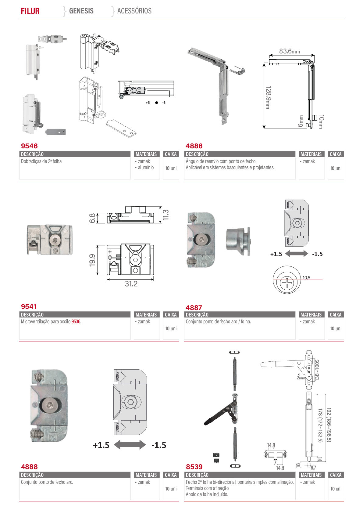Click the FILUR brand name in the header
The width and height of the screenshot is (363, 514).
[30, 11]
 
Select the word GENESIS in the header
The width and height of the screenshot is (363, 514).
[81, 11]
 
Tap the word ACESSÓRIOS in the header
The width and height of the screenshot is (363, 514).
[134, 11]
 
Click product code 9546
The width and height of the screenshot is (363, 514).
[29, 146]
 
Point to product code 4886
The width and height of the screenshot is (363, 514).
[194, 146]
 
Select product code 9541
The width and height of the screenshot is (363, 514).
[29, 306]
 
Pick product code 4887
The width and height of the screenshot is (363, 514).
[194, 307]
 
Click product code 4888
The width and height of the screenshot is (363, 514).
[29, 467]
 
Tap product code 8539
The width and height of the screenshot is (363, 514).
[194, 467]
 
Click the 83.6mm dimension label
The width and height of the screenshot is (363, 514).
[290, 51]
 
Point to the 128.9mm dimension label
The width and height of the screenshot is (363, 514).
[268, 97]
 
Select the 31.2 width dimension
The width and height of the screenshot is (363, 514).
[131, 284]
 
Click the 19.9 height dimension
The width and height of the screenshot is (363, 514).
[92, 260]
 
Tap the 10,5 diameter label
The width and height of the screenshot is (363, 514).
[306, 278]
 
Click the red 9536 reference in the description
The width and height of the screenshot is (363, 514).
[76, 321]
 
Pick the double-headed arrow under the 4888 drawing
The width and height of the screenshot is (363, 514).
[130, 445]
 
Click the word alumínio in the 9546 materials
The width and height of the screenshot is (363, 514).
[146, 167]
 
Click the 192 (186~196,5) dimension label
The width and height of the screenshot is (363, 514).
[329, 425]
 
